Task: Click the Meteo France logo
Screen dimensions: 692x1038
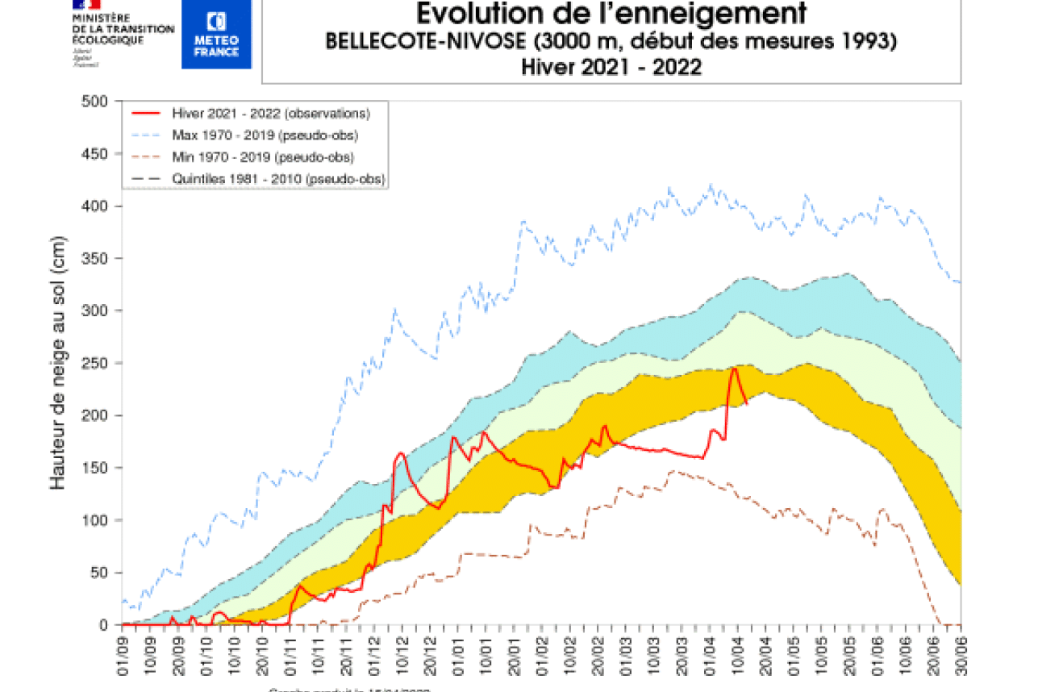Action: pyautogui.click(x=216, y=34)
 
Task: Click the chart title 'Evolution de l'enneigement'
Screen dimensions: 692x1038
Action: pyautogui.click(x=611, y=14)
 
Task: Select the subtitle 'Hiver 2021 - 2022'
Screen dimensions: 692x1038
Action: pyautogui.click(x=611, y=68)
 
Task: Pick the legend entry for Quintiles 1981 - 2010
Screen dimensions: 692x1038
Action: pyautogui.click(x=278, y=178)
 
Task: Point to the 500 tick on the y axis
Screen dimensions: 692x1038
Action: pyautogui.click(x=95, y=102)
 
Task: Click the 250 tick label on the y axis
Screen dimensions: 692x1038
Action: pyautogui.click(x=95, y=364)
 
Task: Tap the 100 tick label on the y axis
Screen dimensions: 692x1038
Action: pyautogui.click(x=95, y=521)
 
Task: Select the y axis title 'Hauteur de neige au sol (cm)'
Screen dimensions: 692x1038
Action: pyautogui.click(x=58, y=363)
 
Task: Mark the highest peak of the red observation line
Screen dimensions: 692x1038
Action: pyautogui.click(x=735, y=369)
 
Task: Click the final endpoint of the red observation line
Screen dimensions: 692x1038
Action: pyautogui.click(x=747, y=402)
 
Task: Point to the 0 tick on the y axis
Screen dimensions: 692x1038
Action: pyautogui.click(x=104, y=625)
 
